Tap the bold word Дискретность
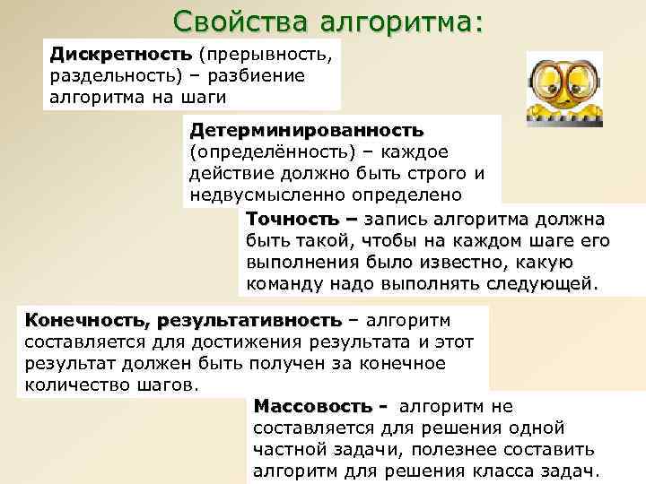click(120, 56)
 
